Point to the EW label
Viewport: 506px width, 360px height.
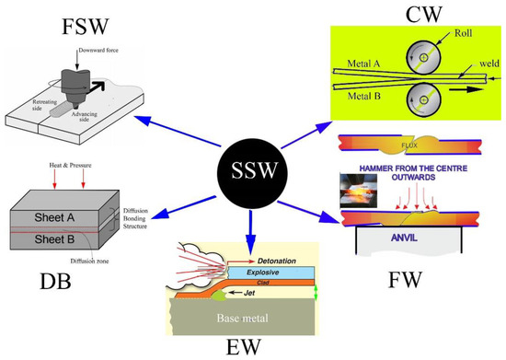point(249,346)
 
